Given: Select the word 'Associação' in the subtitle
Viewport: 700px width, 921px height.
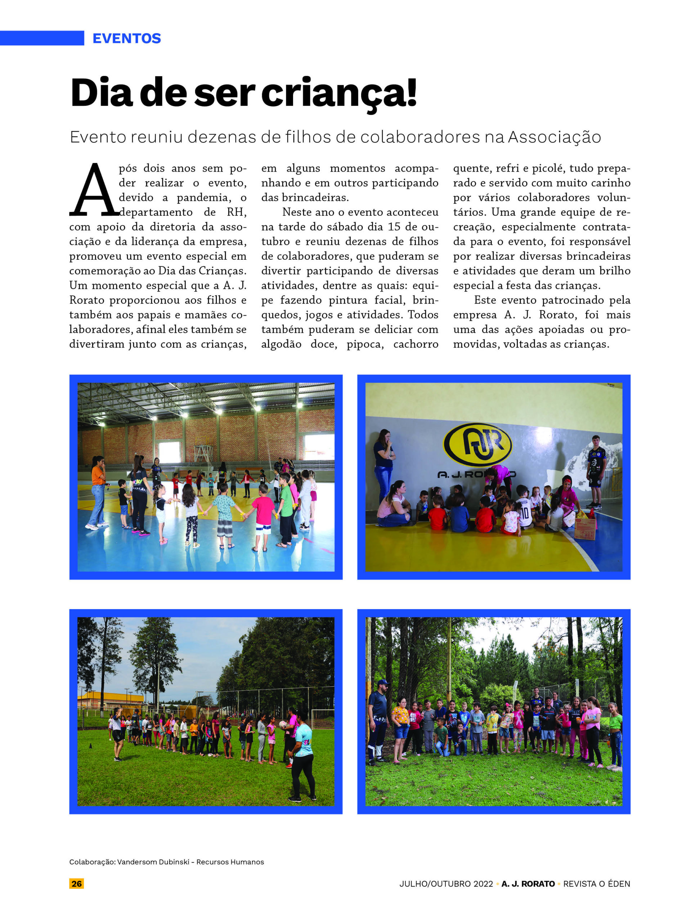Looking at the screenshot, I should click(554, 137).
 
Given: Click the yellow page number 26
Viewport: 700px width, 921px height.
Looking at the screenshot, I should click(76, 884).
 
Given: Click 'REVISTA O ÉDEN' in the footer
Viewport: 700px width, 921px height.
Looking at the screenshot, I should click(596, 884).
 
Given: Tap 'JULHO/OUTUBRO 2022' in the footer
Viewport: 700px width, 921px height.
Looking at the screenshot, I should click(446, 884).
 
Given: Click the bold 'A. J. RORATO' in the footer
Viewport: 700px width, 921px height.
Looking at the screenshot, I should click(528, 884).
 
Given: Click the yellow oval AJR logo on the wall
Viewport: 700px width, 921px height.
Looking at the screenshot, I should click(477, 445).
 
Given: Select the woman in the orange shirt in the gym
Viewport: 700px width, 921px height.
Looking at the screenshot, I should click(98, 491).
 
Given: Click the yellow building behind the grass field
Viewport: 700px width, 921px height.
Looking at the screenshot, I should click(111, 699).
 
